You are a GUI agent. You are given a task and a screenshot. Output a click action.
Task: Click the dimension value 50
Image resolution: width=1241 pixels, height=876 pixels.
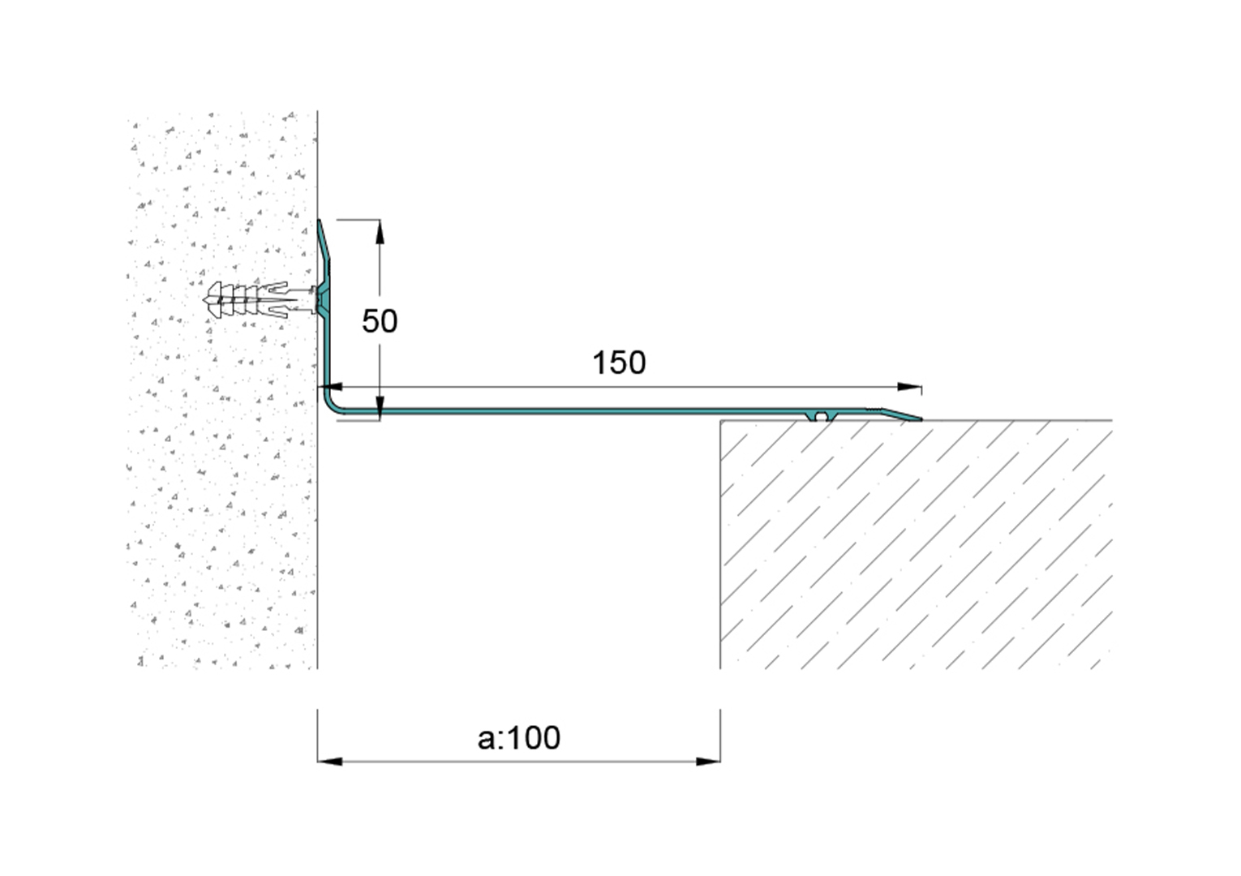point(380,321)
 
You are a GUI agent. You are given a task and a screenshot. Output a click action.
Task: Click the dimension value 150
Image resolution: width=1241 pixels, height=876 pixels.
point(619,363)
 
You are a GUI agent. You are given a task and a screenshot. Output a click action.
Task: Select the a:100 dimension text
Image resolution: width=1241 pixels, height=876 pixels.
point(519,738)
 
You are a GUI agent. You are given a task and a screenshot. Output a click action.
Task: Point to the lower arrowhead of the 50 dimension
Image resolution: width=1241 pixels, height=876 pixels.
point(380,408)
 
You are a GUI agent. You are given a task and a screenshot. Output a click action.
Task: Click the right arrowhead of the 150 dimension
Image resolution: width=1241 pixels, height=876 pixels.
point(910,387)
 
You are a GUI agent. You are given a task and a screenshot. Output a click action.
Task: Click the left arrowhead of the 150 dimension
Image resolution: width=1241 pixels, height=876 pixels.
point(330,387)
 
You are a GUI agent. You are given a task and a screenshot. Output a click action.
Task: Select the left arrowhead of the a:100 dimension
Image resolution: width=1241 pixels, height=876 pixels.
point(329,762)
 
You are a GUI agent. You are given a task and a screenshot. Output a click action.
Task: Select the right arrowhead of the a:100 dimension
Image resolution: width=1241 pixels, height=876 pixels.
point(708,762)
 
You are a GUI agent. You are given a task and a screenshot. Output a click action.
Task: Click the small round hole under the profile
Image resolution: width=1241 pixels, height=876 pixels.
point(821,416)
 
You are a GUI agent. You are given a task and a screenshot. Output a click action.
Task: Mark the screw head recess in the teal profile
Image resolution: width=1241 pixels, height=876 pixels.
point(323,300)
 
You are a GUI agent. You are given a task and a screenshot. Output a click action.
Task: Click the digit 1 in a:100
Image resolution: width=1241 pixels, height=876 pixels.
point(512,738)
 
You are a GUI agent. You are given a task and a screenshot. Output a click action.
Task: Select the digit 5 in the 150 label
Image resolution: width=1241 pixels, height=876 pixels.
point(619,363)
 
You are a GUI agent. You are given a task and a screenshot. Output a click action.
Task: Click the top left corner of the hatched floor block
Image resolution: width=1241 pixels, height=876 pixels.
point(721,421)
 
